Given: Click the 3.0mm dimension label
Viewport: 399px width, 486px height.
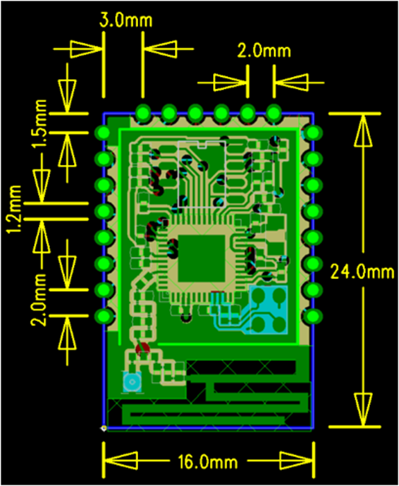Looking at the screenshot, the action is (126, 20).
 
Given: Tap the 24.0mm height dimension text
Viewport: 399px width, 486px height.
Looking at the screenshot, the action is (362, 272).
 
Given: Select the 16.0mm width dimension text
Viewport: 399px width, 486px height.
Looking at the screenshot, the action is (208, 462).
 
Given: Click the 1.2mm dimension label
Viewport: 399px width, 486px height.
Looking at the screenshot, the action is (15, 209).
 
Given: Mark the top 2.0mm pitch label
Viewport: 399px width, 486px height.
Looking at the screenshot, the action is (264, 51).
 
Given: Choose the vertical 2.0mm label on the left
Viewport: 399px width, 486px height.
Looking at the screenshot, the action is (39, 300).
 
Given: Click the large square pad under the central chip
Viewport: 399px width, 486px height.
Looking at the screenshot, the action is (201, 258).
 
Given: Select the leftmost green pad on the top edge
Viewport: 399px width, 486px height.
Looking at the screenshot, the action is (143, 112).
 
